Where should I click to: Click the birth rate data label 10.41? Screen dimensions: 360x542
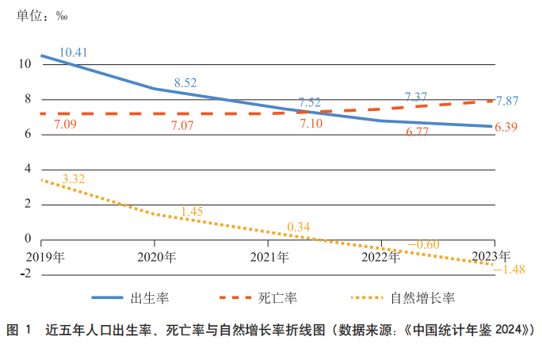73,53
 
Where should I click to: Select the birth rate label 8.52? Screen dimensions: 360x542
185,82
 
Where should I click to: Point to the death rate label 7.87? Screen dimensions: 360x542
507,101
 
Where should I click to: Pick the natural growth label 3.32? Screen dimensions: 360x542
73,179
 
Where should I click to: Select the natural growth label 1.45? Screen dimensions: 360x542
193,212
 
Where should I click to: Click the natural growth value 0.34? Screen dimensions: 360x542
299,227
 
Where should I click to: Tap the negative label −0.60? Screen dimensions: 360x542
423,244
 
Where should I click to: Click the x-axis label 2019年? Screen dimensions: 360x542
46,257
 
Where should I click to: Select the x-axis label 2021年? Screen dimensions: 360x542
269,257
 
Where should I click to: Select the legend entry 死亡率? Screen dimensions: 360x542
278,298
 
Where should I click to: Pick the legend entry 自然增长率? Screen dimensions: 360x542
423,298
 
